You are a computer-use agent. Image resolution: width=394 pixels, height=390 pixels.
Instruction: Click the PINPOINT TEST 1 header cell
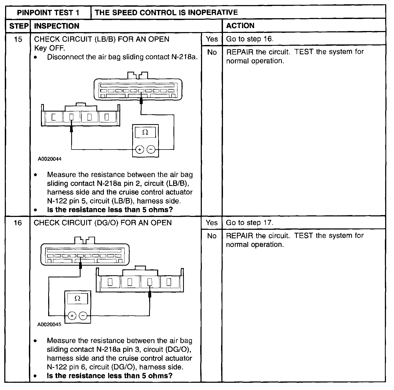[x=48, y=13]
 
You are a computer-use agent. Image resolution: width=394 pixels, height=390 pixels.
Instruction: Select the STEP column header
[x=18, y=26]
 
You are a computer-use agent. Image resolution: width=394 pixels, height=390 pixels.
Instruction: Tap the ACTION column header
[x=240, y=26]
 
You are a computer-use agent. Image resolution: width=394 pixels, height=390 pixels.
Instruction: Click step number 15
[x=18, y=39]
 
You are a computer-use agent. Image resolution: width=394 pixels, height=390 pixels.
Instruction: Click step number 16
[x=18, y=223]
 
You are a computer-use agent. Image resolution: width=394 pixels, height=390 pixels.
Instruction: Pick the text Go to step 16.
[x=249, y=39]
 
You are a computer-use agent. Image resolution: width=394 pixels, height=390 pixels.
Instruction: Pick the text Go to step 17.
[x=249, y=223]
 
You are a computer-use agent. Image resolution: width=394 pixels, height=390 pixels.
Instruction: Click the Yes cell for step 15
[x=212, y=39]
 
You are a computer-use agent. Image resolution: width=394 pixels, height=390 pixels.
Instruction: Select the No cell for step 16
[x=211, y=236]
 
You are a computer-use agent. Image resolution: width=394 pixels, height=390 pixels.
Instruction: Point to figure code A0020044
[x=50, y=159]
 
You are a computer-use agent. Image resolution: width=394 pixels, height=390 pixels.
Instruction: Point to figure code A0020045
[x=49, y=325]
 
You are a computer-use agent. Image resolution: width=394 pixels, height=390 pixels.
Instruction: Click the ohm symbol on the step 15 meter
[x=145, y=132]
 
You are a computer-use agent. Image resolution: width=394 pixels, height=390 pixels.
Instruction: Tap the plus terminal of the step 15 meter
[x=140, y=150]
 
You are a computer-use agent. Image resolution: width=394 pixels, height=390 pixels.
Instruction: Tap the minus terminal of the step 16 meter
[x=83, y=316]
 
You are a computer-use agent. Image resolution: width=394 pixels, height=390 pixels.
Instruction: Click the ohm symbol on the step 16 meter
[x=77, y=299]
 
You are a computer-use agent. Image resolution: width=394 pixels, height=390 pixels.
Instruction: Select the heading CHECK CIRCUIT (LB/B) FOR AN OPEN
[x=102, y=39]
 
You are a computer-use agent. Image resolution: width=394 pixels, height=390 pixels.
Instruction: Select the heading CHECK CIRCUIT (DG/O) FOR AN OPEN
[x=103, y=223]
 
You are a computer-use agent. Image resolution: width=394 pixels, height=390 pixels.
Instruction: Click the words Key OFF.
[x=50, y=48]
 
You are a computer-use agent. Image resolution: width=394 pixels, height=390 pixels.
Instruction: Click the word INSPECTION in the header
[x=57, y=26]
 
